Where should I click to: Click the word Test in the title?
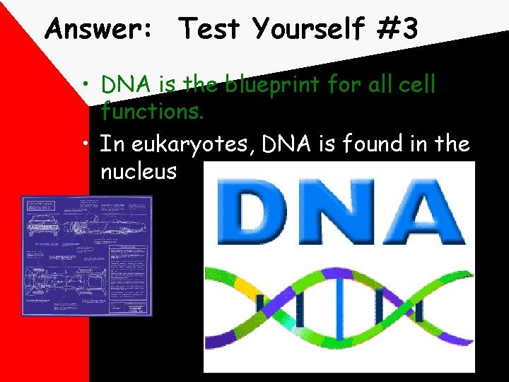[x=209, y=30]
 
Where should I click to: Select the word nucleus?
[x=139, y=171]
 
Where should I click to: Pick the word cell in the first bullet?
[x=419, y=86]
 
